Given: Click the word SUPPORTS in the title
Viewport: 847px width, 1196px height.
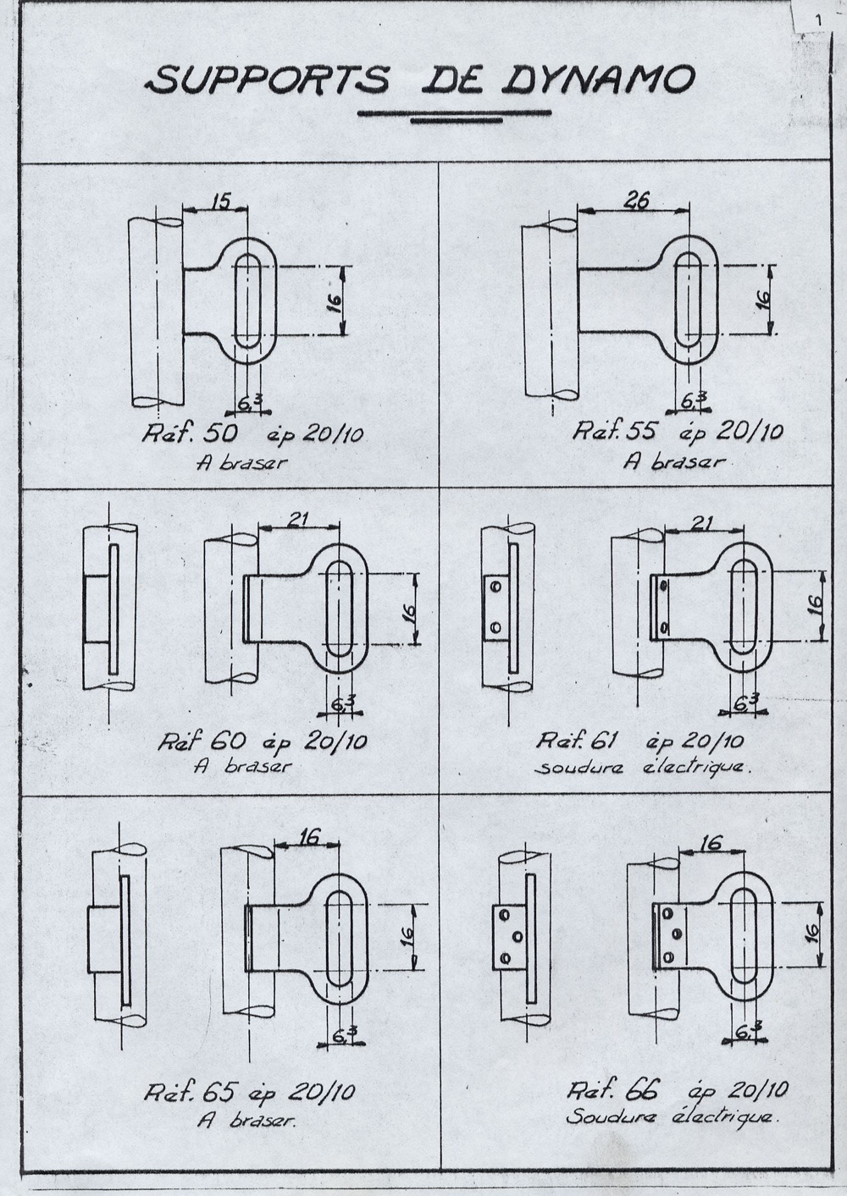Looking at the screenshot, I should tap(268, 81).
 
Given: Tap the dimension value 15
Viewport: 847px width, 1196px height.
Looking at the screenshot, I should tap(220, 202).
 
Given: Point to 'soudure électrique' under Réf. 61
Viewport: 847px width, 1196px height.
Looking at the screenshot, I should tap(644, 768).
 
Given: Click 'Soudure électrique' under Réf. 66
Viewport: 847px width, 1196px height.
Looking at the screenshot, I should tap(670, 1116).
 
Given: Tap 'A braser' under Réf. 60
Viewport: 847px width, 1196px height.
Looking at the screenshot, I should tap(242, 766).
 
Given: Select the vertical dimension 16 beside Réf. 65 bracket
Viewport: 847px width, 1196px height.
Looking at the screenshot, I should tap(407, 934).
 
